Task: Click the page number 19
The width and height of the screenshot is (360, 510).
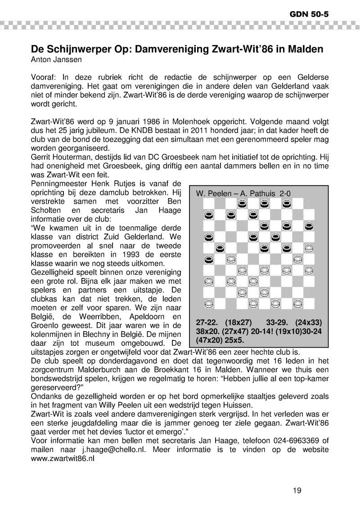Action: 297,490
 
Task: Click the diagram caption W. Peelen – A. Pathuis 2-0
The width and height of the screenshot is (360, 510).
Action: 243,193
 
